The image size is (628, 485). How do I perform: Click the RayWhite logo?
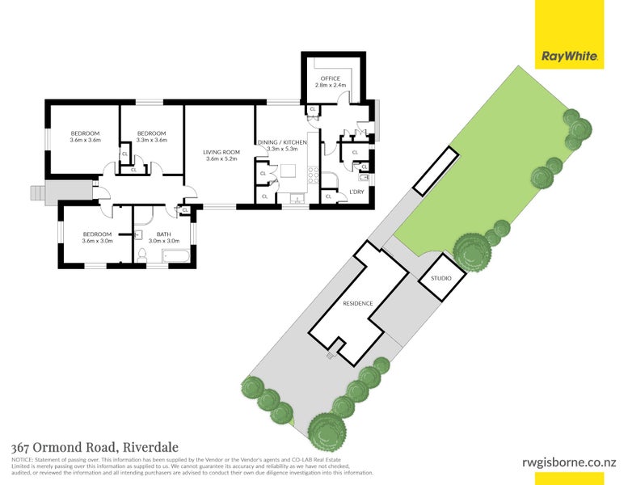point(569,57)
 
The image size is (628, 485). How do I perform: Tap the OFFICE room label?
point(330,78)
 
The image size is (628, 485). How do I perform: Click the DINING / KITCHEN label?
point(283,142)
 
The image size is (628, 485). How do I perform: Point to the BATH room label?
point(162,234)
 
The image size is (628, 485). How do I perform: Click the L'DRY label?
point(356,192)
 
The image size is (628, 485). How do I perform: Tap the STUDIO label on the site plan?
point(441,279)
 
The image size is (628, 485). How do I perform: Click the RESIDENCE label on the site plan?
point(357,303)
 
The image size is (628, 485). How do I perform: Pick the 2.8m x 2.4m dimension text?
point(330,85)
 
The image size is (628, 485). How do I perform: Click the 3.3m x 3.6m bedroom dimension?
point(151,140)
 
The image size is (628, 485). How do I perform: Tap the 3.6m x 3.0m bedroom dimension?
point(97,241)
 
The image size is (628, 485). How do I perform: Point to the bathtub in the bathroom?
point(175,257)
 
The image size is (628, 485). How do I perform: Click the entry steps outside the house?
point(37,193)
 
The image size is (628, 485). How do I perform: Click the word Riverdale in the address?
point(149,447)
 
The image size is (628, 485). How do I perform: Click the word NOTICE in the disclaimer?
point(22,459)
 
